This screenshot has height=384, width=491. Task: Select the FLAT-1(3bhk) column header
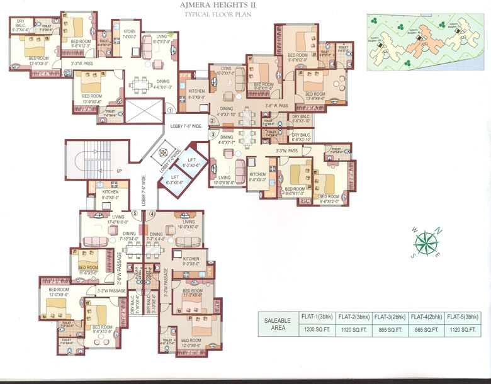click(317, 317)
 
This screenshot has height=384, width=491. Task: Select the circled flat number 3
click(213, 134)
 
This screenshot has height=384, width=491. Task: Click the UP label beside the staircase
click(119, 171)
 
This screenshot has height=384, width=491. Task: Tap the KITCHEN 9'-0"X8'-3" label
click(111, 194)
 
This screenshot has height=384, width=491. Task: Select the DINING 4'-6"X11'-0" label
click(163, 84)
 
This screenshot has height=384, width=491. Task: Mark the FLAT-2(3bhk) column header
click(354, 317)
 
